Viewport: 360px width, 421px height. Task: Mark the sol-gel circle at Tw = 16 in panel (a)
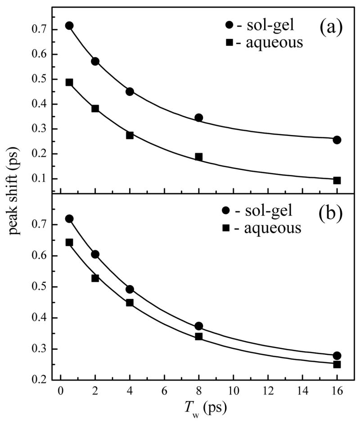click(337, 140)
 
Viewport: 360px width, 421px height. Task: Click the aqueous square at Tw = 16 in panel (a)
click(337, 180)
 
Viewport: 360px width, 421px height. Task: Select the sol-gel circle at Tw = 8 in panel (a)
click(198, 118)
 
